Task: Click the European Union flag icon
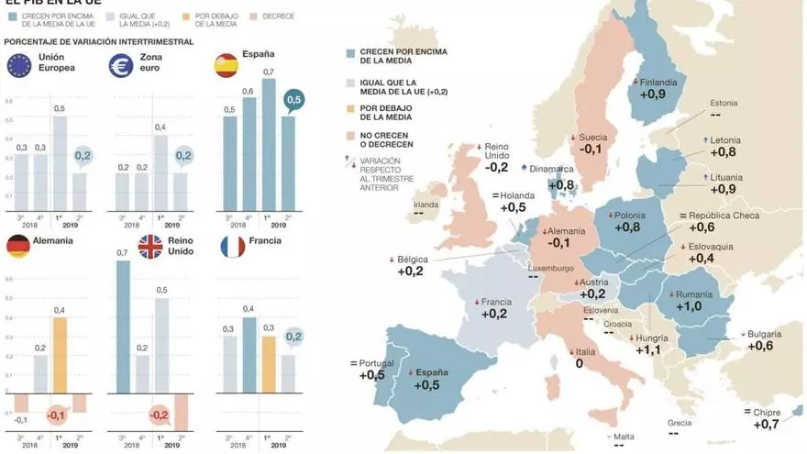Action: pyautogui.click(x=20, y=65)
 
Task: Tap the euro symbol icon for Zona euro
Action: pyautogui.click(x=122, y=65)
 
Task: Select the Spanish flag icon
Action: pyautogui.click(x=227, y=65)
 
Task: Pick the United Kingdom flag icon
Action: pyautogui.click(x=150, y=246)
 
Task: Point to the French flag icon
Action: pyautogui.click(x=233, y=246)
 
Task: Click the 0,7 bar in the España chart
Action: pyautogui.click(x=268, y=147)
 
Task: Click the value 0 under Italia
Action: pyautogui.click(x=580, y=364)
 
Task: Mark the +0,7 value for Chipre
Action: pyautogui.click(x=767, y=424)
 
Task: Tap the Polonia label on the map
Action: pyautogui.click(x=629, y=212)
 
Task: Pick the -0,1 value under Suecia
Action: pyautogui.click(x=591, y=149)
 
